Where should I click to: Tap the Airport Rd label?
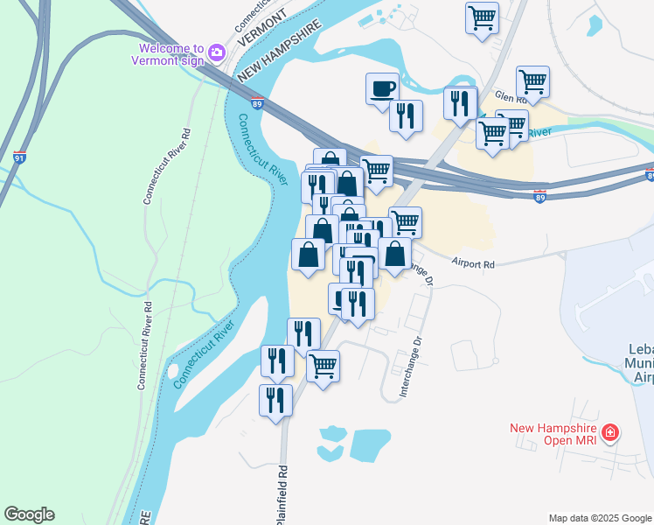pos(474,262)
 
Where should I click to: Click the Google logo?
pos(29,514)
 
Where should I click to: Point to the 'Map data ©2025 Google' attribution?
pos(600,518)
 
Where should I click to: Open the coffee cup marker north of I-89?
pos(382,88)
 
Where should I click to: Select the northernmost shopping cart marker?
pos(482,17)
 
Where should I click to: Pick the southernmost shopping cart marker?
pos(323,366)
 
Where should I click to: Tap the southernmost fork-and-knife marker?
pos(276,400)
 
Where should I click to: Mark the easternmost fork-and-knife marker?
pos(460,103)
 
